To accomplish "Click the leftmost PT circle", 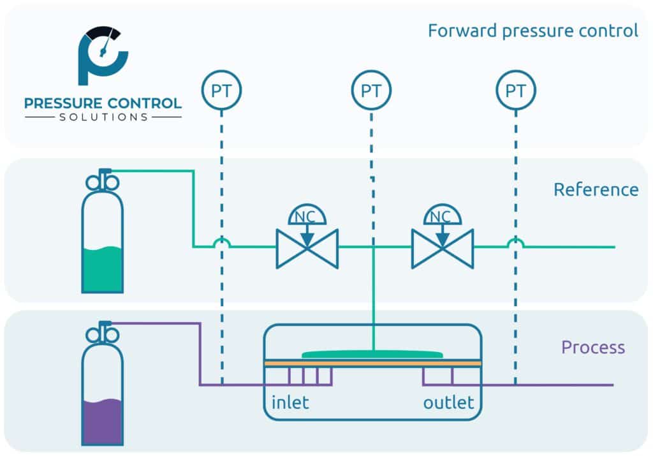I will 221,91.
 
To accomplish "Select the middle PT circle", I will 371,91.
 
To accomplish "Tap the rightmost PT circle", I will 515,91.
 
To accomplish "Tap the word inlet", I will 290,403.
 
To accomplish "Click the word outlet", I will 448,403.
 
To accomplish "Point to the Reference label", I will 596,189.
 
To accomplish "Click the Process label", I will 592,348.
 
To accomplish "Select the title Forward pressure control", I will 532,31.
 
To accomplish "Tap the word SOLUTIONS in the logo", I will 103,117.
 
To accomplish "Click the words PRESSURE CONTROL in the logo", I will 103,103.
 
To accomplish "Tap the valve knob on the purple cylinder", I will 102,332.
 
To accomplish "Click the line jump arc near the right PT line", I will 515,242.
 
